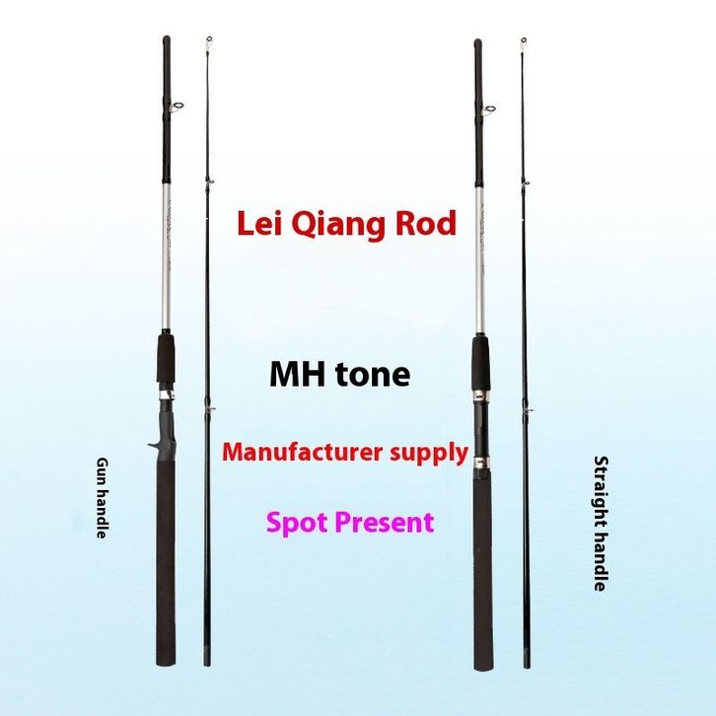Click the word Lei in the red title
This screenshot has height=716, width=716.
pyautogui.click(x=260, y=224)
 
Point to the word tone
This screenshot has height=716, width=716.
pyautogui.click(x=373, y=376)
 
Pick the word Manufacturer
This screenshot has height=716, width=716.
pyautogui.click(x=302, y=453)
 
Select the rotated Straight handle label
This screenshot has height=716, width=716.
pyautogui.click(x=599, y=522)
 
